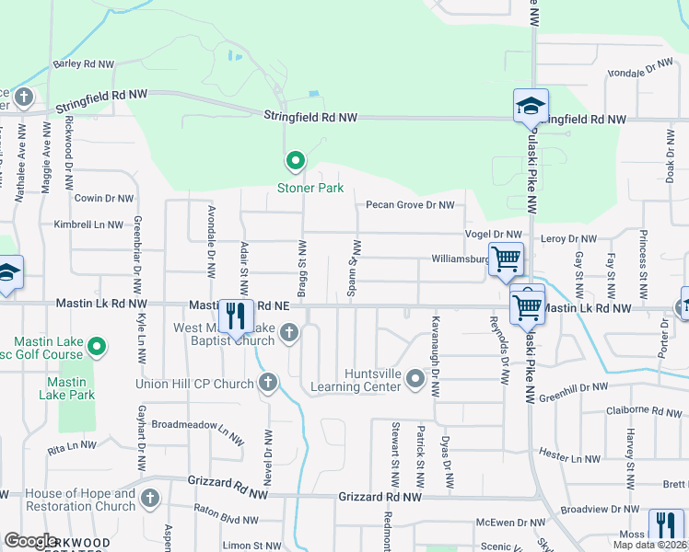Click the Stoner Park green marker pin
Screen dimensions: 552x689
click(296, 162)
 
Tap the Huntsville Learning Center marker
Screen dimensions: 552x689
click(415, 378)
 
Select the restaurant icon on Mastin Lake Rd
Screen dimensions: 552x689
click(236, 316)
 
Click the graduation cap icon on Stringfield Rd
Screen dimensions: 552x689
click(531, 106)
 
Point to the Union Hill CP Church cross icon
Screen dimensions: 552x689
click(268, 382)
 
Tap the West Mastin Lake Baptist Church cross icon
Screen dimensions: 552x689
click(289, 333)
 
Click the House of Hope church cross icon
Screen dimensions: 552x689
click(150, 499)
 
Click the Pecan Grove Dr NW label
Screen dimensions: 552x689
click(410, 205)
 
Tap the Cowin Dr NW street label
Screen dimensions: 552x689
click(104, 198)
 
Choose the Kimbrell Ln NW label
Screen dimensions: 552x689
click(88, 224)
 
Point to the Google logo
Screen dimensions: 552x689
click(30, 541)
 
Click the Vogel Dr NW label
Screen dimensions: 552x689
click(494, 235)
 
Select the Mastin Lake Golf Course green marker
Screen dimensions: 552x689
click(97, 347)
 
